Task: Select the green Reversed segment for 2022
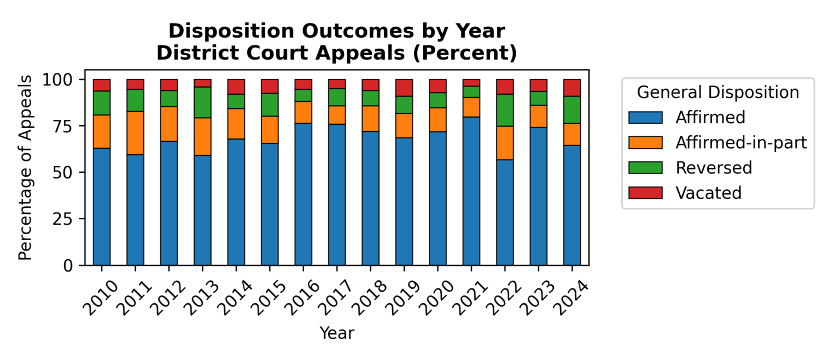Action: coord(505,110)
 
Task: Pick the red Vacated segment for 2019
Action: coord(404,88)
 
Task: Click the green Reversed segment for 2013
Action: coord(202,102)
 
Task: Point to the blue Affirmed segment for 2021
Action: coord(471,191)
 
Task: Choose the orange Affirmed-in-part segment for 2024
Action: coord(572,134)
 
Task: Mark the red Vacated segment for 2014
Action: coord(236,86)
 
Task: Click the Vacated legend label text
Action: coord(708,193)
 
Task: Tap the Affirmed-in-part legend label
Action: coord(741,142)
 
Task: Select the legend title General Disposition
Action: coord(717,92)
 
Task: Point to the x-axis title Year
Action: coord(336,333)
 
